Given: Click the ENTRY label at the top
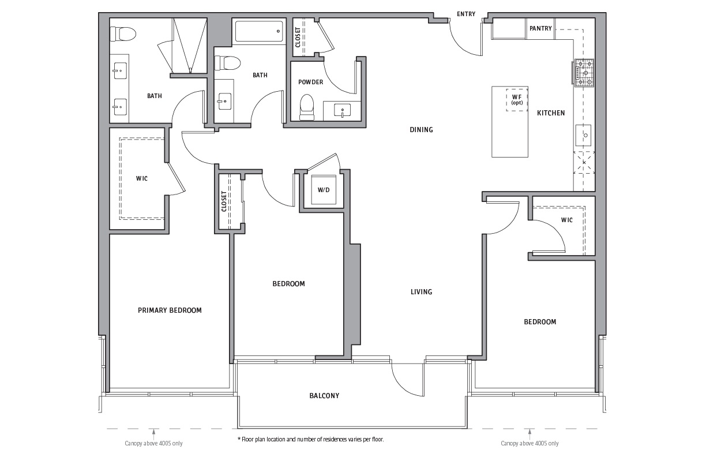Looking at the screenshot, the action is (x=466, y=14).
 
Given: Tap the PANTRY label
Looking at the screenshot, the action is (x=540, y=28).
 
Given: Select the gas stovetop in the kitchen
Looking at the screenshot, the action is (x=584, y=73).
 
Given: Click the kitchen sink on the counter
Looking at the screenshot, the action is (x=583, y=135).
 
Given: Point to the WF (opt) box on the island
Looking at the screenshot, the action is (x=517, y=99).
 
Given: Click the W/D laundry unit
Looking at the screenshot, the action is (x=324, y=190).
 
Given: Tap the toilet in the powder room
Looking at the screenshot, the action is (x=307, y=107).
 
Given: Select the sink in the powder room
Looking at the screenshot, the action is (x=342, y=110).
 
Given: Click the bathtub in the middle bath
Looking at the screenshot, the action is (x=259, y=31).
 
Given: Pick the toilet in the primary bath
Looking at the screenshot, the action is (x=123, y=33).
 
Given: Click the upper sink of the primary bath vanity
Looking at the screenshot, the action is (x=120, y=70).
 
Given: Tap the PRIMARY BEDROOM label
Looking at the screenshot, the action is (x=170, y=310).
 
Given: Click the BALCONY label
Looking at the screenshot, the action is (x=324, y=396).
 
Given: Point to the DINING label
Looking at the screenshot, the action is (x=421, y=130).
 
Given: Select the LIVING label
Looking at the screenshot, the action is (x=421, y=292).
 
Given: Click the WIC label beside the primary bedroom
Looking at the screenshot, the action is (x=141, y=178).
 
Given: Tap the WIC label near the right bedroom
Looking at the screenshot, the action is (x=566, y=220).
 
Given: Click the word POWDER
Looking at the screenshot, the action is (x=310, y=82).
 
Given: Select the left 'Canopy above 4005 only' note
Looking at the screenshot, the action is (x=153, y=443).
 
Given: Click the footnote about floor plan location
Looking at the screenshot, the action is (x=310, y=439).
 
